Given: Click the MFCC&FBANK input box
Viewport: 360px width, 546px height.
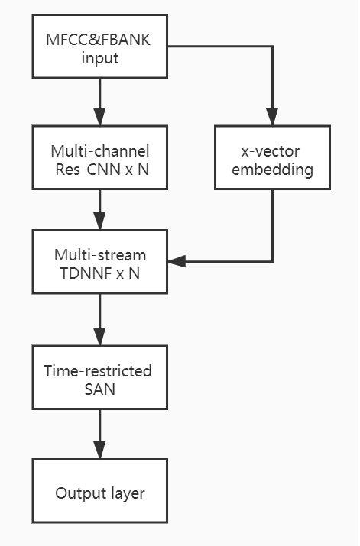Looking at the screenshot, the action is click(100, 47).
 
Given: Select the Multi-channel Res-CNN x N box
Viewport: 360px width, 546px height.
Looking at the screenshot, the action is click(100, 157).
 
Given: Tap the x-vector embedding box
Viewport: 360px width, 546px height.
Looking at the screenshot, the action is click(272, 157).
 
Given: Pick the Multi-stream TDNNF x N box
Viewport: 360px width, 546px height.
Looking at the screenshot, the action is click(100, 261).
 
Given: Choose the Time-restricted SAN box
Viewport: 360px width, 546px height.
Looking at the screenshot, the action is click(100, 377).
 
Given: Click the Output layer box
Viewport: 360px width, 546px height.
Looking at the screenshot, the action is click(100, 491).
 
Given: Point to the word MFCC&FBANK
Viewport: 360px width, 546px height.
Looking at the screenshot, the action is click(99, 40).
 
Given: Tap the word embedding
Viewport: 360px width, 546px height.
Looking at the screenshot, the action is click(272, 170).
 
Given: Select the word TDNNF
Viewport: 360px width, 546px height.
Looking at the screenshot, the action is click(87, 273).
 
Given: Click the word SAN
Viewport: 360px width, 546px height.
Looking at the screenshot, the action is click(99, 389).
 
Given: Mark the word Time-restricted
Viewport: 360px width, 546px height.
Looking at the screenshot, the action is click(98, 371).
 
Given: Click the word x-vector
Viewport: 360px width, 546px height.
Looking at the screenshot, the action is click(271, 151).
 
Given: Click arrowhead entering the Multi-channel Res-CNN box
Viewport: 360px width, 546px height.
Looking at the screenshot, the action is click(99, 117).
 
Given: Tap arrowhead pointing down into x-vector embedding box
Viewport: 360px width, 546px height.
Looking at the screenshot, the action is click(272, 117).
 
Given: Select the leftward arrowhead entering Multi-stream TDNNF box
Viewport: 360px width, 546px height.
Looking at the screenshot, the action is click(177, 261).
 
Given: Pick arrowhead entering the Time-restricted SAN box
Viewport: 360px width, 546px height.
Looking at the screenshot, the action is click(99, 337).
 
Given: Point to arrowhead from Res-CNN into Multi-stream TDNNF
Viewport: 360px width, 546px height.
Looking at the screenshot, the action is click(99, 221).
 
